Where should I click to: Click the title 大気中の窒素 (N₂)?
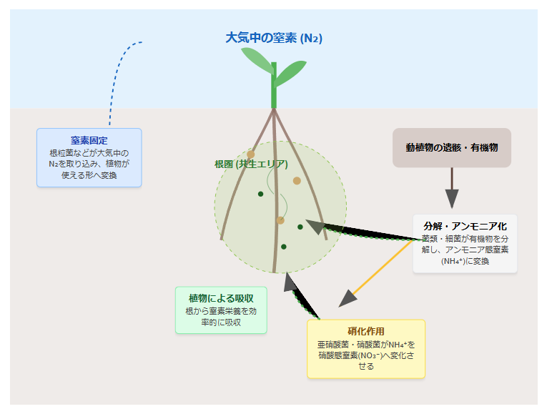click(274, 38)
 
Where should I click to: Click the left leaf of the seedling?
click(257, 64)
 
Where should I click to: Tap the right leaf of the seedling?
click(291, 71)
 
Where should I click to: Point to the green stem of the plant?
click(274, 89)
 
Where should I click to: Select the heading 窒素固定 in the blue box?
click(89, 140)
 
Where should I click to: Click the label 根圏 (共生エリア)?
click(251, 164)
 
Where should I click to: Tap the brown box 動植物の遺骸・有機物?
click(452, 147)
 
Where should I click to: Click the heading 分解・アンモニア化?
click(465, 226)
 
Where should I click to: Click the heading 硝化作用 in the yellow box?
click(365, 331)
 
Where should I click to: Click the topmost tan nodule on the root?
click(250, 154)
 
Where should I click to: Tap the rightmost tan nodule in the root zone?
click(297, 181)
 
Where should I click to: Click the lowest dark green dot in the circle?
click(284, 247)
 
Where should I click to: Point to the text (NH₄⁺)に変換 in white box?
click(465, 261)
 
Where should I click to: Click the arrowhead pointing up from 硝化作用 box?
click(290, 282)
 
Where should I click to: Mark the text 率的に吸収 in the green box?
click(221, 322)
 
